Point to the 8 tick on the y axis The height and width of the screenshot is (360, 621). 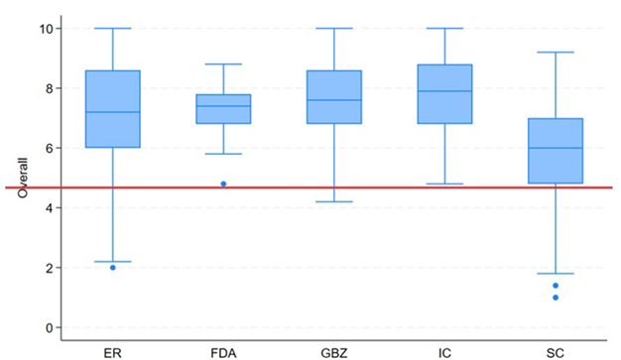coord(46,88)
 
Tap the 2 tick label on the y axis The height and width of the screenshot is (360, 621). coord(46,268)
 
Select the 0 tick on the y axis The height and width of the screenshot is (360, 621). coord(46,327)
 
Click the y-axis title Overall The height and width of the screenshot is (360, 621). coord(23,178)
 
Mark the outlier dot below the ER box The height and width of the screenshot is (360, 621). coord(112,268)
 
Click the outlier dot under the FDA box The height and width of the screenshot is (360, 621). coord(223,183)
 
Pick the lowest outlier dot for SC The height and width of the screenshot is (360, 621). coord(556,298)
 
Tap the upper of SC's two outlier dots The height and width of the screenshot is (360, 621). coord(556,286)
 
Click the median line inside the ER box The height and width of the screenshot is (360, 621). coord(112,112)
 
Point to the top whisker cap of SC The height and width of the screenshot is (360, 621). coord(556,52)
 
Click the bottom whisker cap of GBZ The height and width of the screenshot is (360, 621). coord(334,201)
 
